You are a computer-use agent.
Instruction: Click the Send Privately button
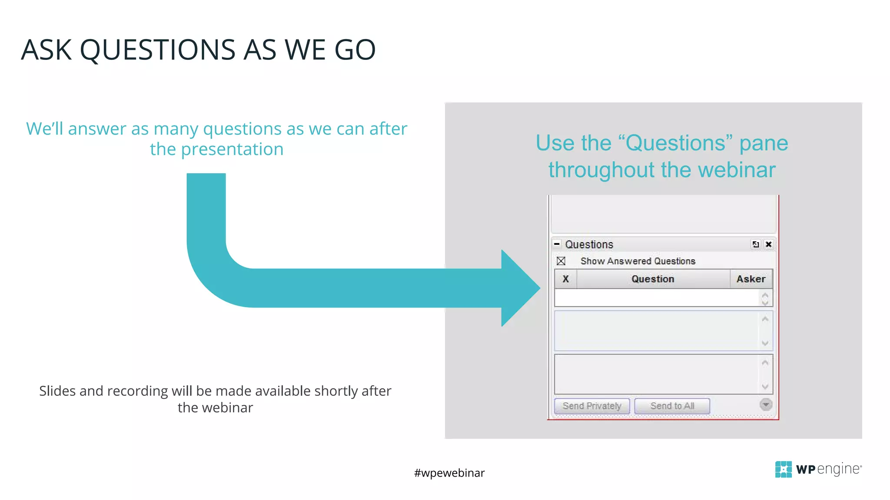591,406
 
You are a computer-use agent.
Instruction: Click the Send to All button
672,406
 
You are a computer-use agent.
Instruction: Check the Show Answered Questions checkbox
561,261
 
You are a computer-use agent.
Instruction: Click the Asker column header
751,279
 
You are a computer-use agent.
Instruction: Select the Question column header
652,279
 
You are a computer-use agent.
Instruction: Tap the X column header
565,279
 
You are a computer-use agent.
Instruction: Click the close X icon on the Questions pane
768,244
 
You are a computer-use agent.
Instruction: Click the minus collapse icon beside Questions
557,244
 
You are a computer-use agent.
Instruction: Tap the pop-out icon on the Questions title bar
756,244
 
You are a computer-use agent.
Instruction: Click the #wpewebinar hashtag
449,473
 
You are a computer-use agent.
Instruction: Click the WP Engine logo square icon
783,469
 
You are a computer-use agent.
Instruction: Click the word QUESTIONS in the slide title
158,50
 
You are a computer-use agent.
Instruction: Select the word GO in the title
355,50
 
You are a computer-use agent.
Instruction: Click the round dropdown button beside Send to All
766,405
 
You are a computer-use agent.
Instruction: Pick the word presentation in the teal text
232,150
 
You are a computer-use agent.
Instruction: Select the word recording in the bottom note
137,391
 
